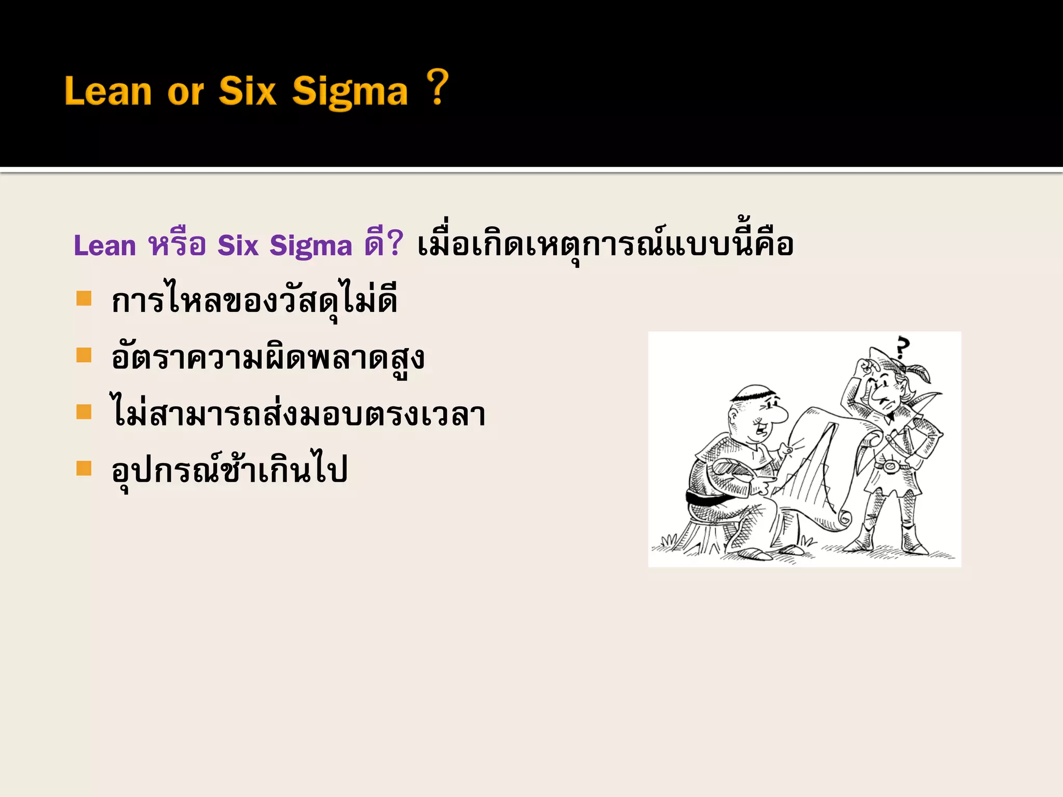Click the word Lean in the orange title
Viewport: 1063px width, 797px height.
[x=108, y=91]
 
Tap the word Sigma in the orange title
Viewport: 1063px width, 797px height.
[x=350, y=92]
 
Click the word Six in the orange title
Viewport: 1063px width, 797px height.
[x=247, y=91]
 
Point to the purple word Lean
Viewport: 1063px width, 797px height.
[x=105, y=245]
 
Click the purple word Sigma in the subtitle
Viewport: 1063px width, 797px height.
[x=310, y=245]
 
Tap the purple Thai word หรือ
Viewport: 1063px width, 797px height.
[x=177, y=244]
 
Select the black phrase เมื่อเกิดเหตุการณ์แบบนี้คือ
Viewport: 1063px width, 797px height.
[x=605, y=244]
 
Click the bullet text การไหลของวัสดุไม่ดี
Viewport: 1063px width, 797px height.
[x=254, y=301]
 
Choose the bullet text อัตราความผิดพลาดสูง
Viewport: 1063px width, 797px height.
[x=268, y=358]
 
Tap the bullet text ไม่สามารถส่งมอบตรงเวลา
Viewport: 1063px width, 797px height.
[x=298, y=414]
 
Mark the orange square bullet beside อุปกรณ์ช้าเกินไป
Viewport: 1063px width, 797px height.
[x=84, y=468]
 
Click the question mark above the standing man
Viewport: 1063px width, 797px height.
[x=904, y=347]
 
